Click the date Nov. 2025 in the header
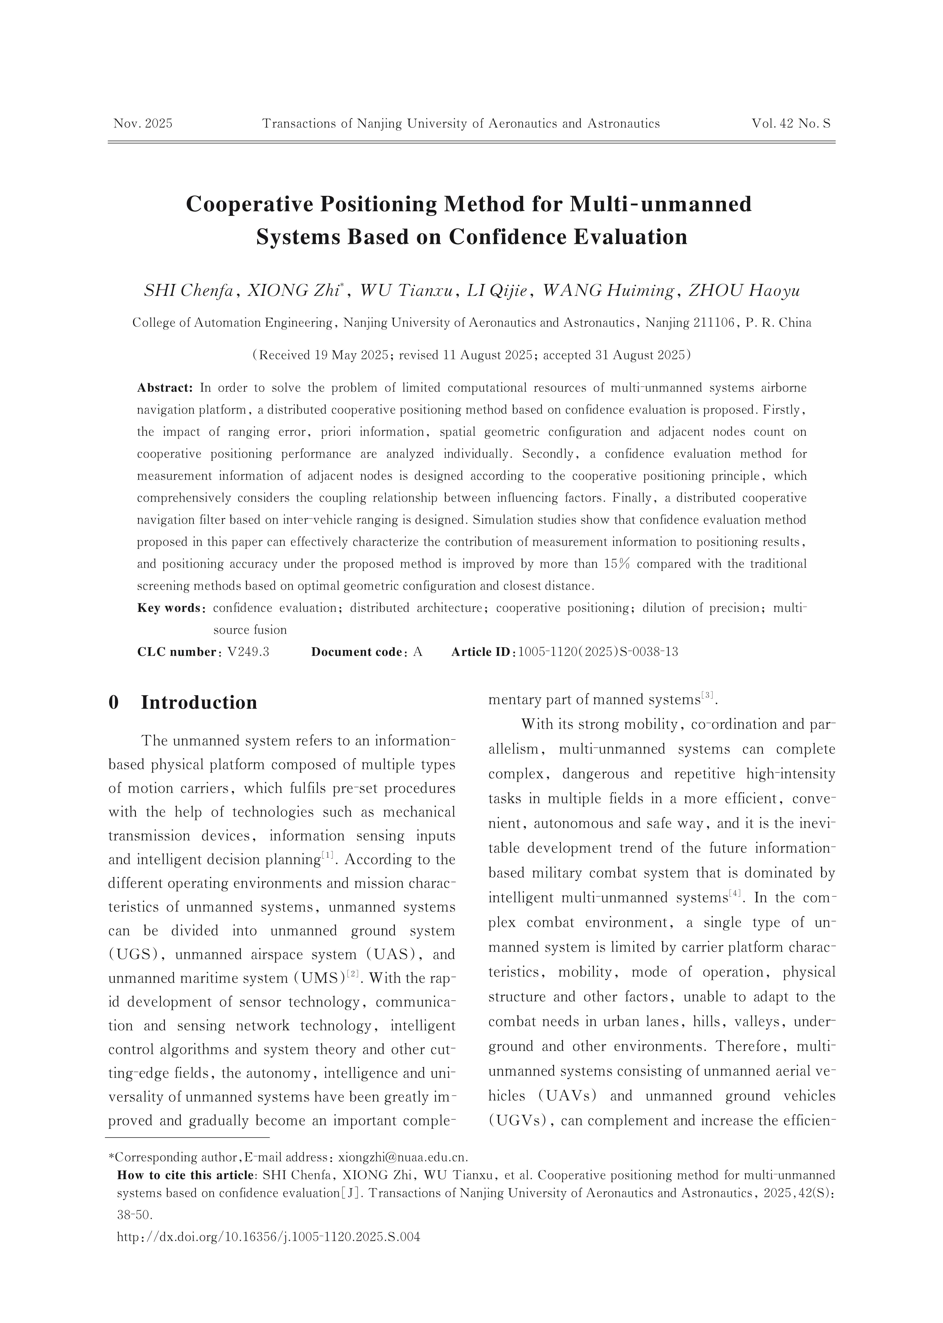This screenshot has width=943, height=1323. (x=143, y=123)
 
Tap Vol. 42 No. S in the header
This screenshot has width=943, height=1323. (x=791, y=123)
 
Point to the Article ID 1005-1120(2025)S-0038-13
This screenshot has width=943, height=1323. (x=597, y=651)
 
